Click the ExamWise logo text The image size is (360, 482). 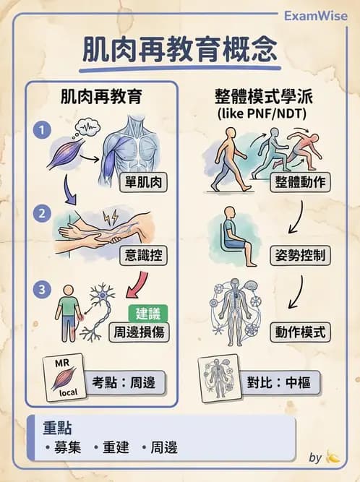315,15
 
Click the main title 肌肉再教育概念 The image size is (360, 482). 180,49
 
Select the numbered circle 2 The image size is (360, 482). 43,213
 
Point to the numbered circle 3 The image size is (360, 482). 43,288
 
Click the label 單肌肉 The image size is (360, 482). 143,181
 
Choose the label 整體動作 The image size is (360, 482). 301,181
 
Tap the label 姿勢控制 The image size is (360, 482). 300,257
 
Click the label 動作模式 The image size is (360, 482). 300,332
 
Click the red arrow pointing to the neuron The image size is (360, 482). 136,286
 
